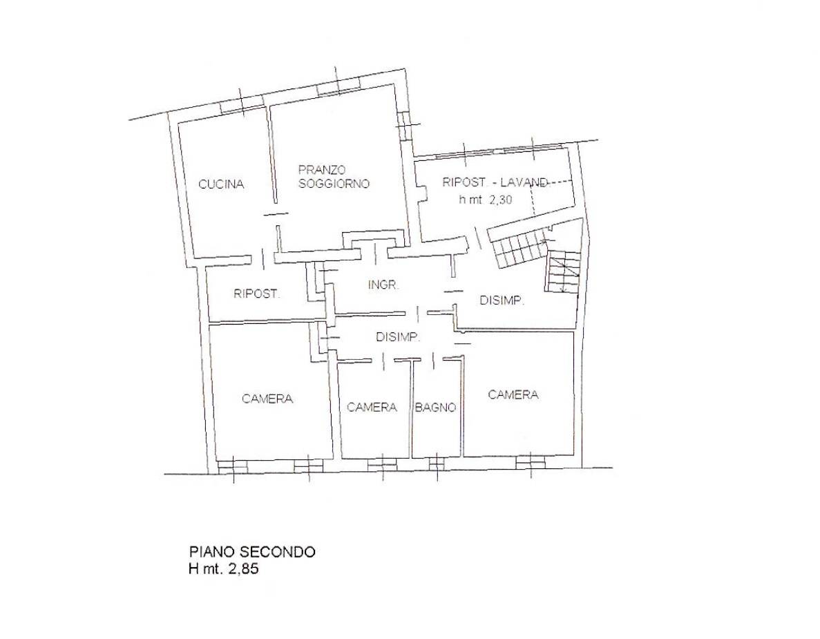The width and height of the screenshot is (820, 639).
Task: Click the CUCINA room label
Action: [x=221, y=184]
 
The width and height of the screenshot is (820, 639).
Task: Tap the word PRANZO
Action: [x=322, y=170]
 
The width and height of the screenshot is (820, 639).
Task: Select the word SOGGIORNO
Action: [x=334, y=184]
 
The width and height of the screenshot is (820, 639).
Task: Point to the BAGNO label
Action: [x=436, y=408]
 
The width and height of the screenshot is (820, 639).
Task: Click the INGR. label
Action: [x=384, y=285]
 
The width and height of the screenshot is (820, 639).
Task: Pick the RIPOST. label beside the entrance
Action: [x=257, y=294]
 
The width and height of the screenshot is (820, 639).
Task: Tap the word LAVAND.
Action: [x=524, y=182]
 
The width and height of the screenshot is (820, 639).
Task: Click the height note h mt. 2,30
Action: [x=486, y=199]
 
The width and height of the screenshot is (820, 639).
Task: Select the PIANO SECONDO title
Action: [x=252, y=552]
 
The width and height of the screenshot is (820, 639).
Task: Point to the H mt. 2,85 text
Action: [x=224, y=569]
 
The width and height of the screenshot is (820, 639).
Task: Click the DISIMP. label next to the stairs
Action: [x=502, y=301]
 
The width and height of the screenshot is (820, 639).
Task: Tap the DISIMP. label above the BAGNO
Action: [x=398, y=337]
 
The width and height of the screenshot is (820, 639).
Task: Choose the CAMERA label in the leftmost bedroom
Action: [x=267, y=399]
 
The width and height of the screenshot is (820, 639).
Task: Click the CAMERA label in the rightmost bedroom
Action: [x=513, y=394]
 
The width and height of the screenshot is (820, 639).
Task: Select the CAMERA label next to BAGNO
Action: [x=372, y=407]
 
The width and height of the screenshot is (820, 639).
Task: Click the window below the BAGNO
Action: [x=436, y=464]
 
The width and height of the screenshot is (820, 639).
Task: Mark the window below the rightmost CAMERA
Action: [x=531, y=463]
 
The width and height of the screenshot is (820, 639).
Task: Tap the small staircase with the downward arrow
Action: [x=564, y=271]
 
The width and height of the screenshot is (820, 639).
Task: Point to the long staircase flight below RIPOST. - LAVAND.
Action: [x=517, y=243]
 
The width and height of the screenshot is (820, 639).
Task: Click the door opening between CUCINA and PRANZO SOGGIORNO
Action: [x=276, y=214]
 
